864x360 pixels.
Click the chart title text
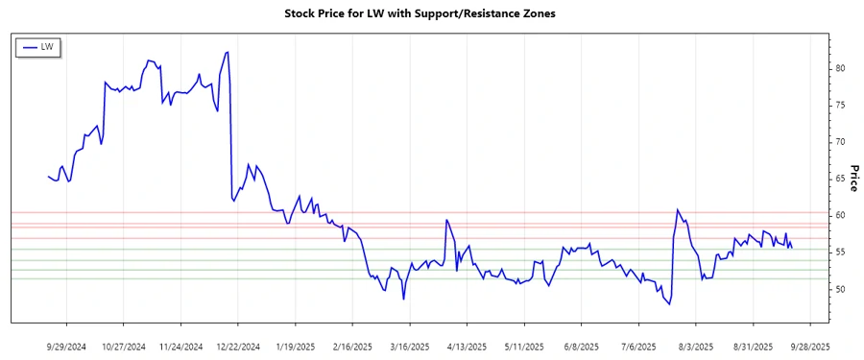420,14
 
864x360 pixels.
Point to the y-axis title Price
852,178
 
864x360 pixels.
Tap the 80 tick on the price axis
841,68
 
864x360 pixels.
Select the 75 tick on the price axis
841,106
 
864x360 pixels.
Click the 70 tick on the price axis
841,142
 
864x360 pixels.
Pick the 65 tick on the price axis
841,179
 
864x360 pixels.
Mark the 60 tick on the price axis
841,216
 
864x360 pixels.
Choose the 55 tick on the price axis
841,252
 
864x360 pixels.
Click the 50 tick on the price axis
841,289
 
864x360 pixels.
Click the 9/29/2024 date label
66,346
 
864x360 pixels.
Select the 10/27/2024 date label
124,346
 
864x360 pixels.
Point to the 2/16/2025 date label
352,346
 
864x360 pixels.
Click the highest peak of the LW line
228,52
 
